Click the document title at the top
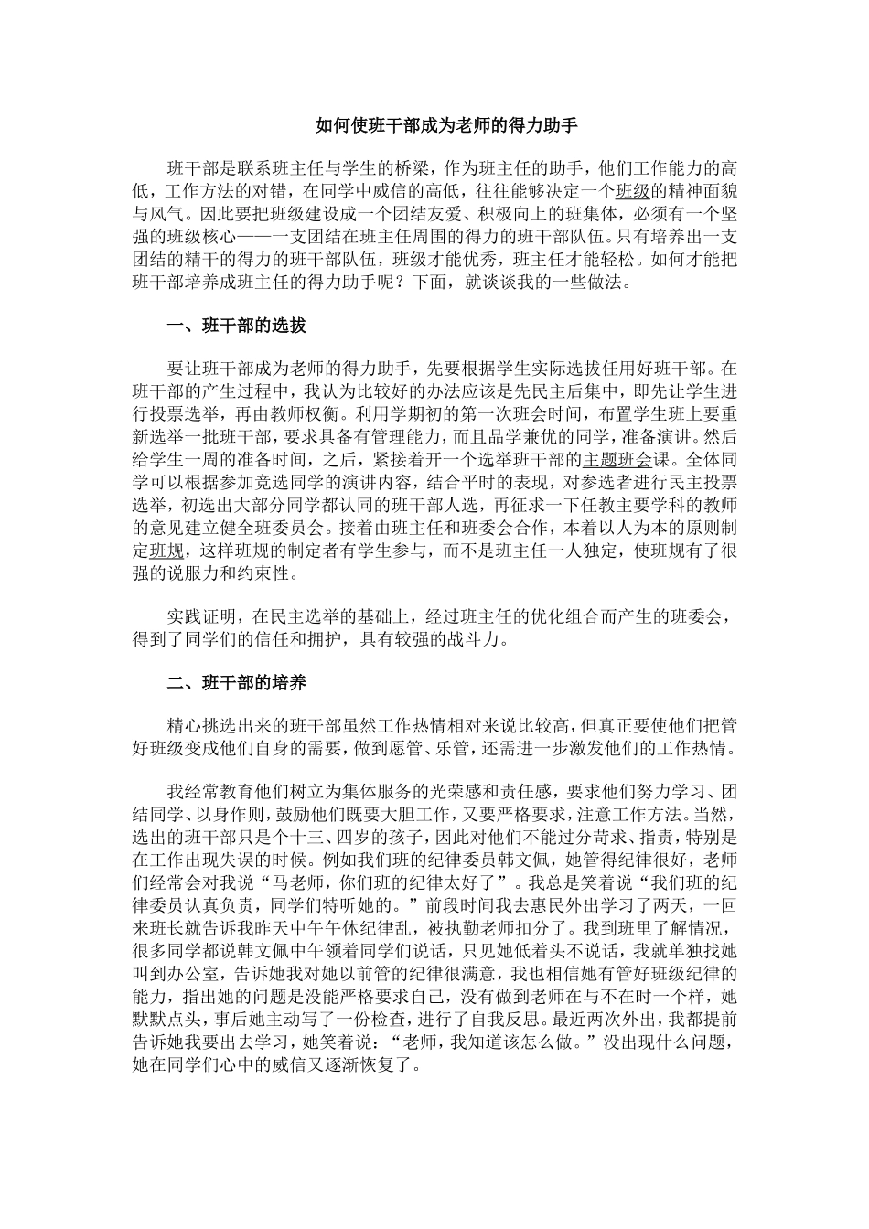(x=434, y=125)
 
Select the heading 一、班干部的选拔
(x=236, y=326)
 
